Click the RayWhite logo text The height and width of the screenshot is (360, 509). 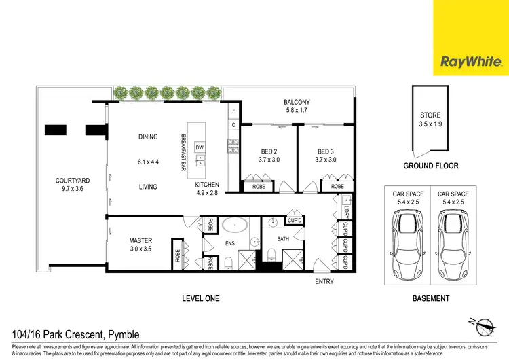tap(471, 63)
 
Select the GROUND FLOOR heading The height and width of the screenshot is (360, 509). tap(431, 166)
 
